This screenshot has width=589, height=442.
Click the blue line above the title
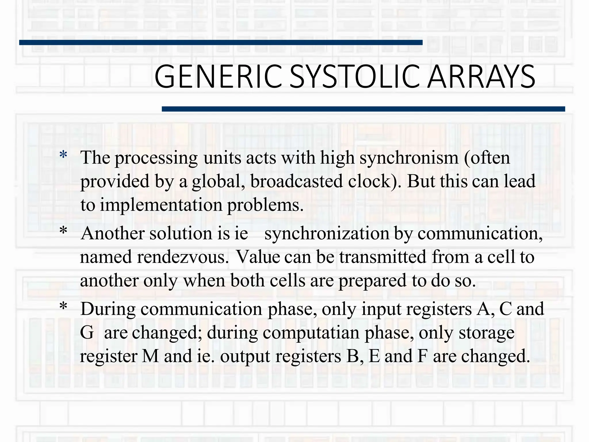point(221,43)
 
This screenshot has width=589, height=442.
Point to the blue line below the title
point(363,109)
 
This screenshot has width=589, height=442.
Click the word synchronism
point(409,158)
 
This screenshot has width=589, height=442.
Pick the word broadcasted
point(297,181)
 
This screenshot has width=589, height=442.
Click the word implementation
point(161,205)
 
